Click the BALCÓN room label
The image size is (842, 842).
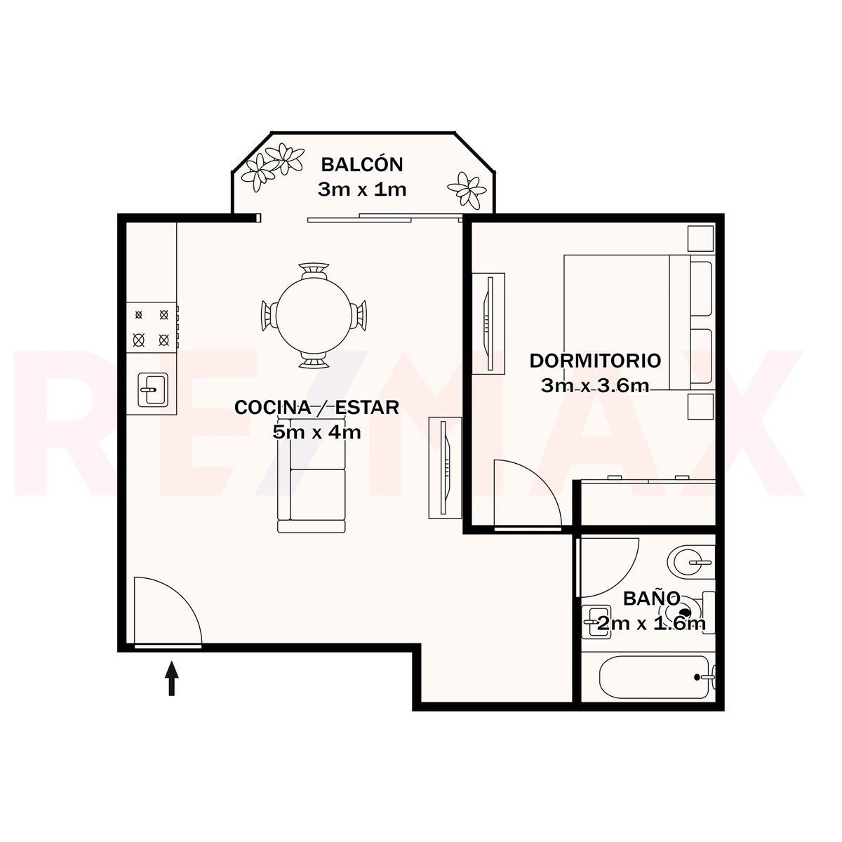coord(362,165)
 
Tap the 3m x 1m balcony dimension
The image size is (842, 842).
coord(362,189)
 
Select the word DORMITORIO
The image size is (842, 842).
coord(595,361)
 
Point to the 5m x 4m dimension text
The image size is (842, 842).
coord(316,432)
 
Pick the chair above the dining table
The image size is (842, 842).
coord(313,270)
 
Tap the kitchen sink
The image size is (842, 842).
coord(153,389)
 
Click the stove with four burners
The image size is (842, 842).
coord(152,327)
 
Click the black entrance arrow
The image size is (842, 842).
coord(172,678)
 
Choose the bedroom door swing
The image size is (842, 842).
coord(528,494)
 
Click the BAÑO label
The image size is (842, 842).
coord(650,599)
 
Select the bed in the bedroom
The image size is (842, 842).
coord(639,323)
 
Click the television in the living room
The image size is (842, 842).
coord(446,467)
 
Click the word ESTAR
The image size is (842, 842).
coord(367,407)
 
